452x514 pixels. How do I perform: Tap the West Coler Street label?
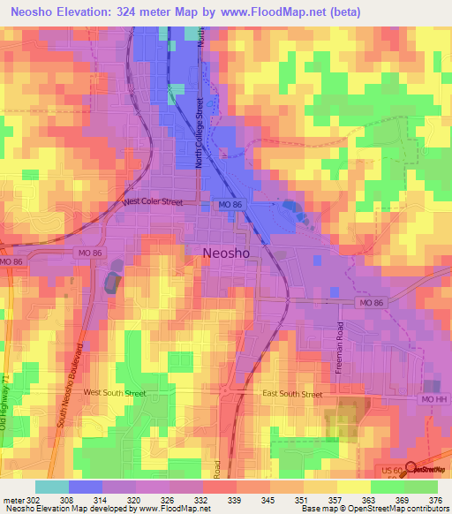pyautogui.click(x=153, y=201)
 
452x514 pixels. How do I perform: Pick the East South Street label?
pyautogui.click(x=293, y=394)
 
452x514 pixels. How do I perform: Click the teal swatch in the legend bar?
pyautogui.click(x=52, y=487)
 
